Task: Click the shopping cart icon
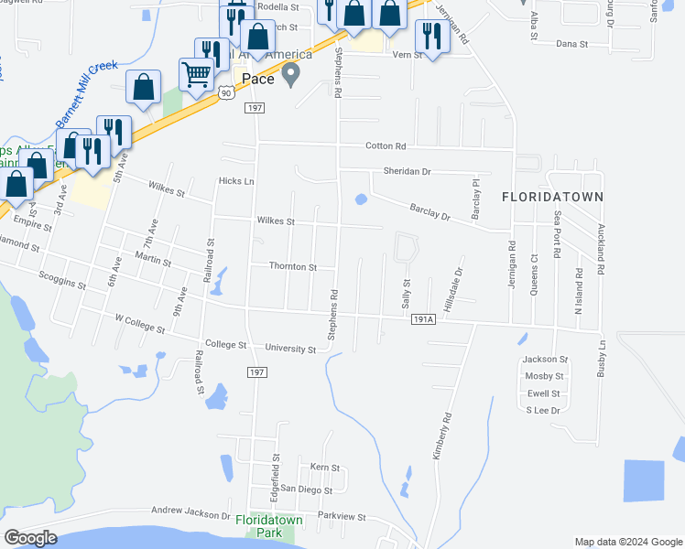pyautogui.click(x=196, y=73)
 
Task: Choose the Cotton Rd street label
pyautogui.click(x=385, y=146)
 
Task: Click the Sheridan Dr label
pyautogui.click(x=407, y=172)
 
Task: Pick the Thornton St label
pyautogui.click(x=292, y=267)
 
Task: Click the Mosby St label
pyautogui.click(x=543, y=376)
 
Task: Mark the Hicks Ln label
pyautogui.click(x=236, y=181)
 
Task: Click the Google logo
pyautogui.click(x=30, y=538)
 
